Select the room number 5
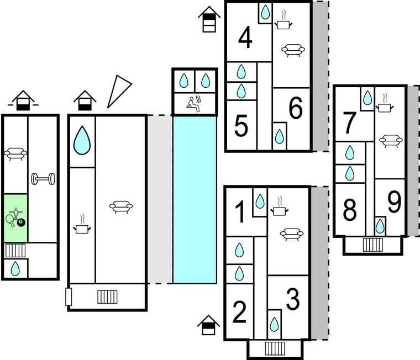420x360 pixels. click(241, 126)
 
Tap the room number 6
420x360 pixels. click(296, 109)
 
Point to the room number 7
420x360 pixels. click(349, 123)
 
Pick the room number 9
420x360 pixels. click(393, 203)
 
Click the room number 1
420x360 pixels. click(240, 213)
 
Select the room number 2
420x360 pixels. click(240, 313)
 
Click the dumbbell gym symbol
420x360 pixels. click(42, 179)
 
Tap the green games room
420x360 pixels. click(15, 218)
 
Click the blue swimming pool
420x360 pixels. click(195, 199)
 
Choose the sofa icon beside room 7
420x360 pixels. click(390, 140)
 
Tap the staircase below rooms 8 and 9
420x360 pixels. click(373, 244)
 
